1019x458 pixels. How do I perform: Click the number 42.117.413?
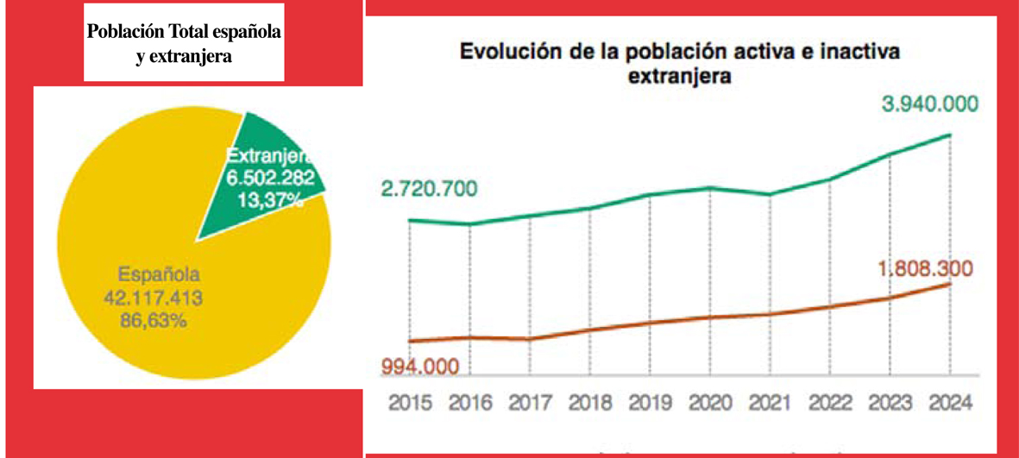coord(160,298)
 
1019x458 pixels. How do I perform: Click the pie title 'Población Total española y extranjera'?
coord(184,43)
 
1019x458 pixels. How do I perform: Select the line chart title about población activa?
coord(680,63)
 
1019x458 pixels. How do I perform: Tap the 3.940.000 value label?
coord(929,105)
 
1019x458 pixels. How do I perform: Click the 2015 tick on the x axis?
coord(410,403)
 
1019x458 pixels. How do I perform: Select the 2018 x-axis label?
coord(590,403)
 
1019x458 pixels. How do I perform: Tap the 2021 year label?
coord(770,403)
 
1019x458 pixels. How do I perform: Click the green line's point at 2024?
coord(950,135)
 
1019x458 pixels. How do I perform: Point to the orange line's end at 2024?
coord(950,284)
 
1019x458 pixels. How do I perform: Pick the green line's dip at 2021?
coord(770,194)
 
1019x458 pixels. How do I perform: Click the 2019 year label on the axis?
coord(650,403)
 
